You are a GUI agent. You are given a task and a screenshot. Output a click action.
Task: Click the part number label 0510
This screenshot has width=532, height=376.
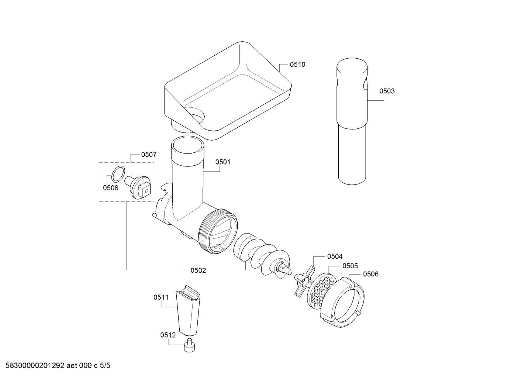coord(297,64)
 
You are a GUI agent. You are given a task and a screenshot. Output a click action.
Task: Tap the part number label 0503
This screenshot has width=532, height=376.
coord(387,91)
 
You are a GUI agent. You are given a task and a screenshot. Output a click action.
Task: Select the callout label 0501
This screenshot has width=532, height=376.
coord(223,162)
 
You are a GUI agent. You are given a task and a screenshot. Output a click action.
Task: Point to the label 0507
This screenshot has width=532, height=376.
coord(149,155)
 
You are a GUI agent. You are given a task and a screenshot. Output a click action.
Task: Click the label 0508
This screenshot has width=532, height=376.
coord(110,188)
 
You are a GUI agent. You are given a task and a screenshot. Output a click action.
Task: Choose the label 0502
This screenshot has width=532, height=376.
coord(198,270)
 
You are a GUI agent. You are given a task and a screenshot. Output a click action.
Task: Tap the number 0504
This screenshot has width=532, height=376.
coord(335,256)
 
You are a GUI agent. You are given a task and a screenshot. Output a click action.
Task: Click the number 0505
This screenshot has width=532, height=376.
coord(350,266)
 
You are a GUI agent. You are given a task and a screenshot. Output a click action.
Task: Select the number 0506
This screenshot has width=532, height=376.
coord(371,274)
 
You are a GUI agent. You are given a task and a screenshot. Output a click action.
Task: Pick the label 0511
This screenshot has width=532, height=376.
coord(161,297)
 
